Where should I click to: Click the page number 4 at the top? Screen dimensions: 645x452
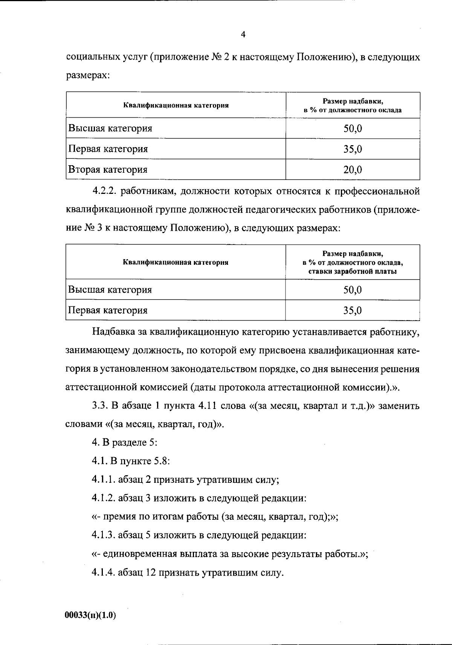click(x=243, y=35)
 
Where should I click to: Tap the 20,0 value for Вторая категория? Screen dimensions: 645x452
click(x=353, y=170)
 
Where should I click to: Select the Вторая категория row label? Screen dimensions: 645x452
click(x=108, y=169)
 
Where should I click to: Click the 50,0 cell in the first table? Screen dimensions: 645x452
click(x=353, y=129)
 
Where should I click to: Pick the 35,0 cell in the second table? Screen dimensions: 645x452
click(x=353, y=310)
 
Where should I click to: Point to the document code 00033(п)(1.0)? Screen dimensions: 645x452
click(x=90, y=615)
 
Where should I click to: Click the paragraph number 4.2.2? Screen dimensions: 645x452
click(x=104, y=191)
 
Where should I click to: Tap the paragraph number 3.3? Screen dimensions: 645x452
click(x=100, y=406)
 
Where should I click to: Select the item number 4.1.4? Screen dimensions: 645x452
click(x=103, y=573)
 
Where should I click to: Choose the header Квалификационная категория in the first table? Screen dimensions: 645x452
click(x=176, y=106)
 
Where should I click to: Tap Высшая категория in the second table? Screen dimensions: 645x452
click(x=110, y=290)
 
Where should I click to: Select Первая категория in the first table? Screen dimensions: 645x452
click(x=108, y=149)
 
